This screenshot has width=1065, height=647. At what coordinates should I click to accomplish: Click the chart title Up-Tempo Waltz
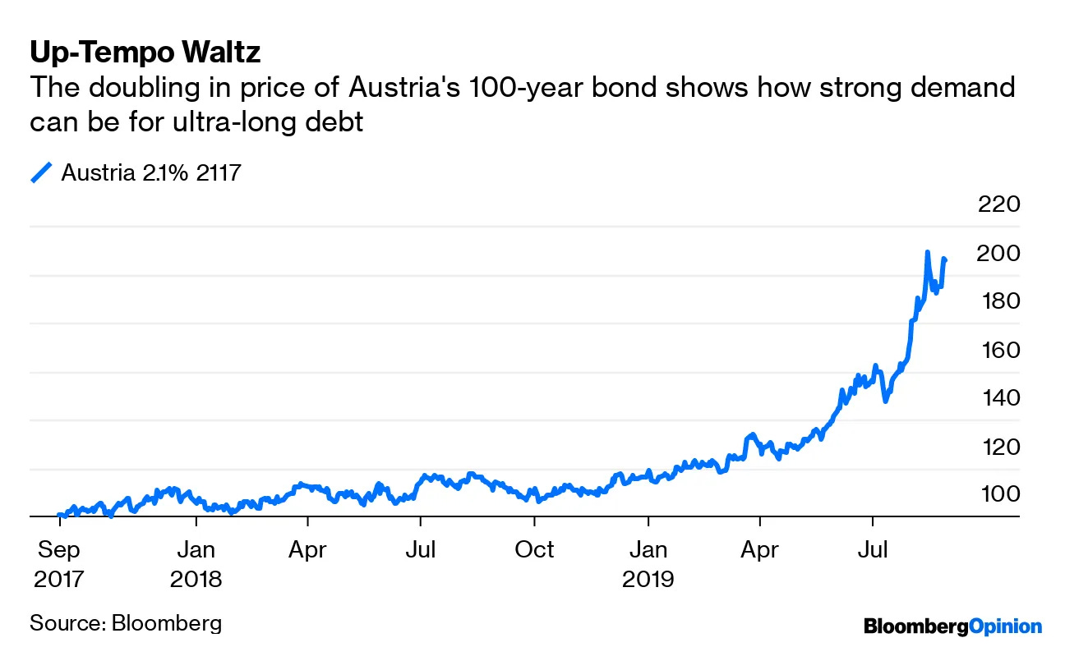point(145,53)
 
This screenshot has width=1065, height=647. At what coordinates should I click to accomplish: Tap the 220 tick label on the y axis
point(998,204)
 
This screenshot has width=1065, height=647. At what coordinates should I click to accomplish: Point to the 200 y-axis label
point(998,253)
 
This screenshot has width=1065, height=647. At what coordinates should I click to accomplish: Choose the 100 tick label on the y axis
point(998,494)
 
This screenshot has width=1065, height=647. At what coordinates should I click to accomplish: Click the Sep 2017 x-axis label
point(59,564)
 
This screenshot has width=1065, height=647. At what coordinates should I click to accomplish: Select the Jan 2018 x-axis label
point(196,564)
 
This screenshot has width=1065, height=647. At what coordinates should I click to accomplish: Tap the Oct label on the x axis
point(534,549)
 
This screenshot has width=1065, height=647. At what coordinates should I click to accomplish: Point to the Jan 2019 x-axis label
point(648,564)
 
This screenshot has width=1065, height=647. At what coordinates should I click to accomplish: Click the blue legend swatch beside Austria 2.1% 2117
point(41,172)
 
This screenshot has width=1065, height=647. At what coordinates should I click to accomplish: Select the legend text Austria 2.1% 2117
point(150,172)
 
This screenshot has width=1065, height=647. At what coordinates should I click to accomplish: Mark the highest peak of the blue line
point(927,252)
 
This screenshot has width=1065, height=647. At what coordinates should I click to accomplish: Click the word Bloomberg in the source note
point(166,622)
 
